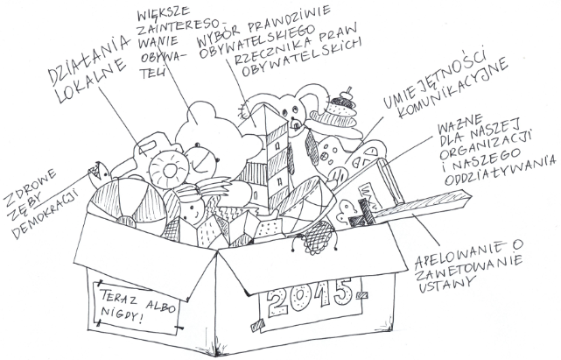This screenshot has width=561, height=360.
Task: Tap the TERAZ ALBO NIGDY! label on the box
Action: (135, 303)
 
